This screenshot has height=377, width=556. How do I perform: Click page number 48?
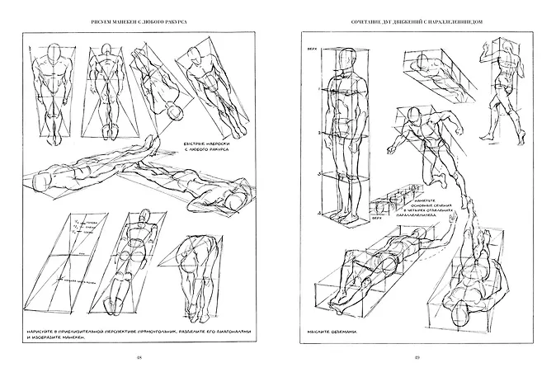139,356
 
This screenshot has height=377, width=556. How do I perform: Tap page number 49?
417,356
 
